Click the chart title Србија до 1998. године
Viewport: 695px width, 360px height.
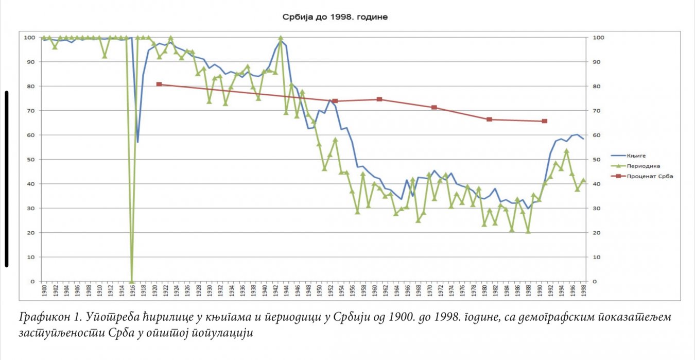(335, 17)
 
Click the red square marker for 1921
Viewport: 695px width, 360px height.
(159, 84)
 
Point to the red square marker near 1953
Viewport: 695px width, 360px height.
(335, 101)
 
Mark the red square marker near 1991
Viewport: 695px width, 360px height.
(544, 121)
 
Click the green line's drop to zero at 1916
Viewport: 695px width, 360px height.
(132, 281)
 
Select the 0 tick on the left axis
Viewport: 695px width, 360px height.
(32, 282)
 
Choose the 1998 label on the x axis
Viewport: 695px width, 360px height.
(583, 291)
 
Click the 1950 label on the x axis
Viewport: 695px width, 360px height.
(319, 291)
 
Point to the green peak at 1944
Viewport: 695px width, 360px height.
(281, 38)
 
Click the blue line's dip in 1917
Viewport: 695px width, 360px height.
(137, 142)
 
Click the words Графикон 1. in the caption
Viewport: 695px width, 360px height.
(44, 317)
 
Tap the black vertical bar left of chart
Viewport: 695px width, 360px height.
(6, 179)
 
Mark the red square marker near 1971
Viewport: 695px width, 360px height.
(434, 107)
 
